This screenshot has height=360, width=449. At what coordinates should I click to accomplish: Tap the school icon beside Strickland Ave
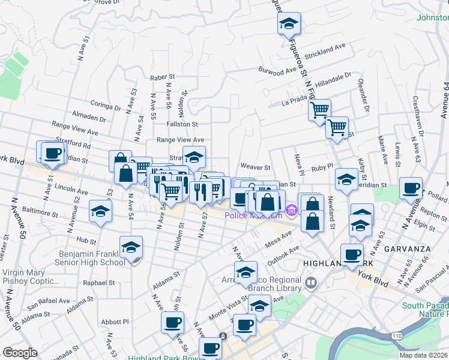click(289, 23)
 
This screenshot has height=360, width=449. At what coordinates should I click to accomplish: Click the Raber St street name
click(162, 77)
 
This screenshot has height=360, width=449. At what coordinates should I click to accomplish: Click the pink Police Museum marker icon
click(292, 209)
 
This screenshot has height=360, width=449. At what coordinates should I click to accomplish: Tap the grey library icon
click(310, 282)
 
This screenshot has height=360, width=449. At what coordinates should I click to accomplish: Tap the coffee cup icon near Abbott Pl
click(172, 323)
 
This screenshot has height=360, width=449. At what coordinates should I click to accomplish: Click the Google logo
click(20, 353)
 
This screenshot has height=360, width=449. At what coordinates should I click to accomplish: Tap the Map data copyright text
click(423, 355)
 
